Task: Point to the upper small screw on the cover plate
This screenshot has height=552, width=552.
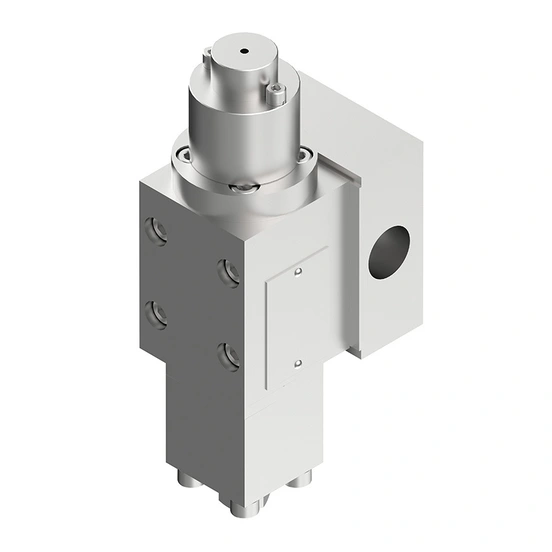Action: pyautogui.click(x=298, y=270)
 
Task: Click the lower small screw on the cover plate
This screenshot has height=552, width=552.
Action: pyautogui.click(x=298, y=363)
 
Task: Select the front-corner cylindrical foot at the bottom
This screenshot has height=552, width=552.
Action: pyautogui.click(x=244, y=504)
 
